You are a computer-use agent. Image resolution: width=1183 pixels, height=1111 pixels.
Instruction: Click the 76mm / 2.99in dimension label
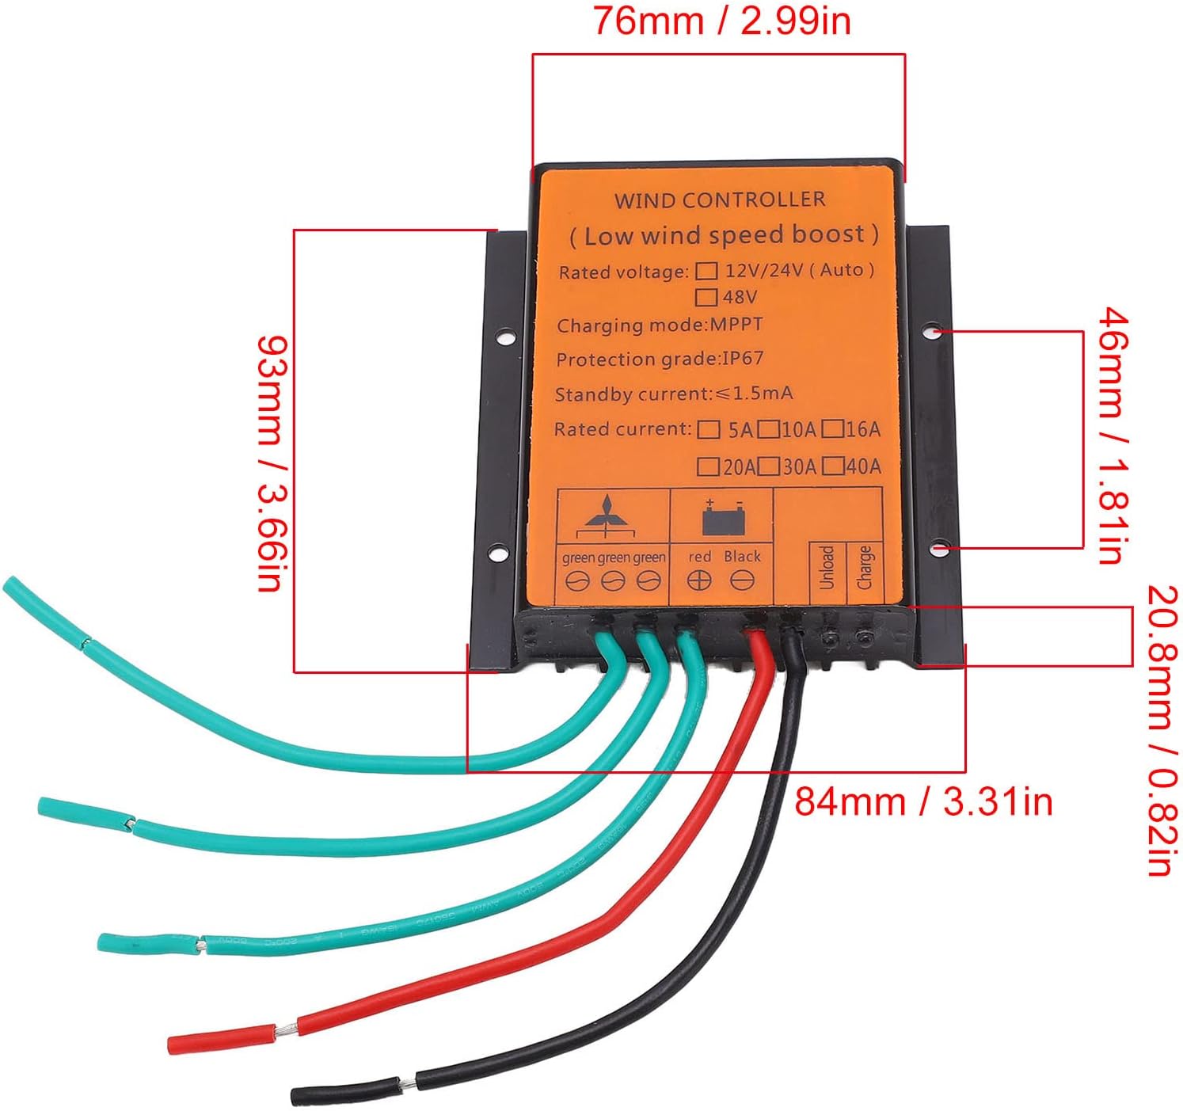coord(722,21)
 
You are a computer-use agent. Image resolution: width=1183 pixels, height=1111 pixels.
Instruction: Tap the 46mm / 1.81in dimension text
coord(1113,436)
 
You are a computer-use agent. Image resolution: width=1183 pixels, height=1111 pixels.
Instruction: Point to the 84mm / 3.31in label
coord(923,802)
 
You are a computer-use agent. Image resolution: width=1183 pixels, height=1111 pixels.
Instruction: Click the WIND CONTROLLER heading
coord(720,200)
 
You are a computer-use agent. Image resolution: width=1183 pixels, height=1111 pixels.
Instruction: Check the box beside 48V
coord(706,298)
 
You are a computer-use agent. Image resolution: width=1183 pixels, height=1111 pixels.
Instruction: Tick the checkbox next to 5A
coord(709,430)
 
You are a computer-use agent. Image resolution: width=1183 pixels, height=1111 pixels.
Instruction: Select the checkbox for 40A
coord(832,466)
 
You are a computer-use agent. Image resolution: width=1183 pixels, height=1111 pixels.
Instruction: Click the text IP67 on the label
coord(743,358)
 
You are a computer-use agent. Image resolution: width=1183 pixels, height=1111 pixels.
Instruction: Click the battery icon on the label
coord(724,519)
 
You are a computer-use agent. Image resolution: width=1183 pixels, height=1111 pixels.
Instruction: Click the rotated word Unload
coord(827,567)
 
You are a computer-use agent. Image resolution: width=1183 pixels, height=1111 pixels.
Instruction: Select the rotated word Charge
coord(864,567)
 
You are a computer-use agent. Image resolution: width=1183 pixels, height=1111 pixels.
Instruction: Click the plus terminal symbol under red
coord(698,581)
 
